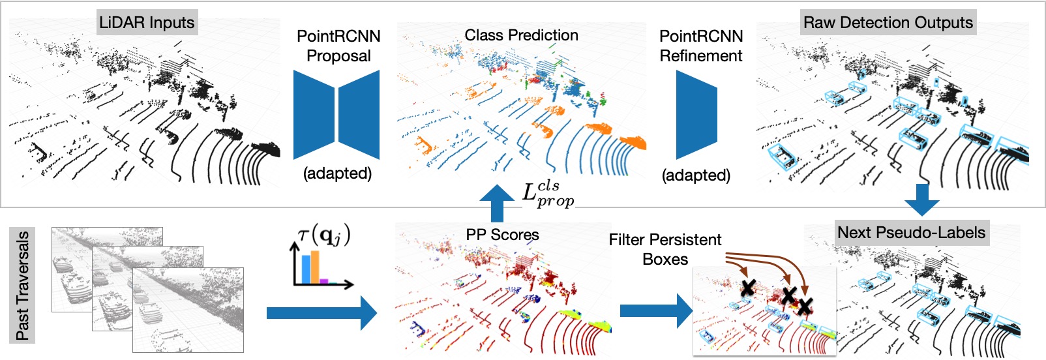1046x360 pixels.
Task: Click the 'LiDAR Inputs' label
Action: pos(147,23)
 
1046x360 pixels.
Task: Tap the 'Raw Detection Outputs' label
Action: pos(888,23)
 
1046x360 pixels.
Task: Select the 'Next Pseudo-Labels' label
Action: pos(911,233)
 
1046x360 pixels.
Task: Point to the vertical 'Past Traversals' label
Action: pos(23,285)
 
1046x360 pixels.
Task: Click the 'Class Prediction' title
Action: pos(521,35)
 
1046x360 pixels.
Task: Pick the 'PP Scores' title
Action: pos(502,235)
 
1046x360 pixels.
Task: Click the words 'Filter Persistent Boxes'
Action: pos(665,249)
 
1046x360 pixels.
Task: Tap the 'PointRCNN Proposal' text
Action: pos(338,46)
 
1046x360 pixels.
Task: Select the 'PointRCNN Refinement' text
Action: pos(701,46)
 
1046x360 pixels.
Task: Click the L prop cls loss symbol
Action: pos(548,194)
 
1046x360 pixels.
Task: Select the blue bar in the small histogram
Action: pos(305,270)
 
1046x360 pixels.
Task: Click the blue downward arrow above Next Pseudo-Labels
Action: pos(921,199)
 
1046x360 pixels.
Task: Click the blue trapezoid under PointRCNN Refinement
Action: pos(696,115)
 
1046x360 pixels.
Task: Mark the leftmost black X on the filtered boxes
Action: pos(747,287)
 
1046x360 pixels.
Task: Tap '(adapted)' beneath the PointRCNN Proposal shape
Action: pos(337,173)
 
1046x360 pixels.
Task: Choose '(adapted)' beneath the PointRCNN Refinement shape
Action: pos(696,175)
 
